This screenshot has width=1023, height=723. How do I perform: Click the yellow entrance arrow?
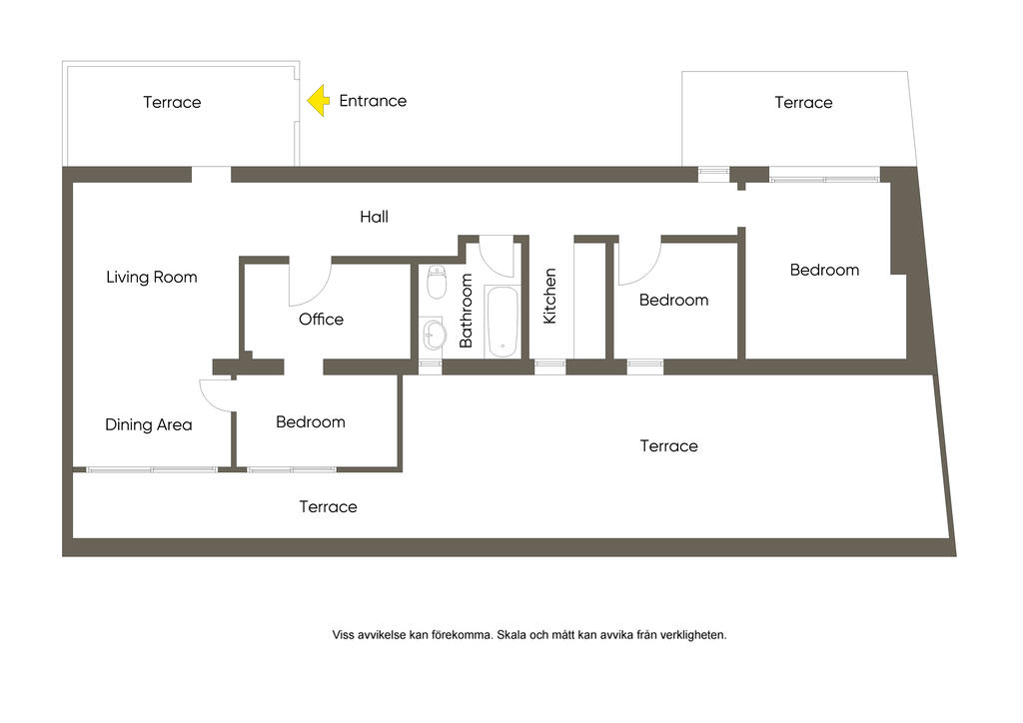319,101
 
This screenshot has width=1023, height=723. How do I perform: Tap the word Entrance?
373,101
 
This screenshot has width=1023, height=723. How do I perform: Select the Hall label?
374,217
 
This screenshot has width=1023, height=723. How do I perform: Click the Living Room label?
152,277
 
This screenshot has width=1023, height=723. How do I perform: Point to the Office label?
321,319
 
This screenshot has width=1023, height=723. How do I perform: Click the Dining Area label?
149,425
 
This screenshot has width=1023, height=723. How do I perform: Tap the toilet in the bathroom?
437,282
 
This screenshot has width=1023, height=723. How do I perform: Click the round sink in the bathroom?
433,335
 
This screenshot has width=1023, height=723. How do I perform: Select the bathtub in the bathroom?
503,323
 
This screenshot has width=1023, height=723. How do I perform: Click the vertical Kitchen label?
550,296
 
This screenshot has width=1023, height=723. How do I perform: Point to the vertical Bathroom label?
466,311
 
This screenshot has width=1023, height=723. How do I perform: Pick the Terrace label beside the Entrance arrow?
172,102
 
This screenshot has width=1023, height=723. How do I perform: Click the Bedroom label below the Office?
311,421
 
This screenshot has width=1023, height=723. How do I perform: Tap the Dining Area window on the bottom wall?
152,469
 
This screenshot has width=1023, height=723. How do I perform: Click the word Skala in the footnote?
511,635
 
